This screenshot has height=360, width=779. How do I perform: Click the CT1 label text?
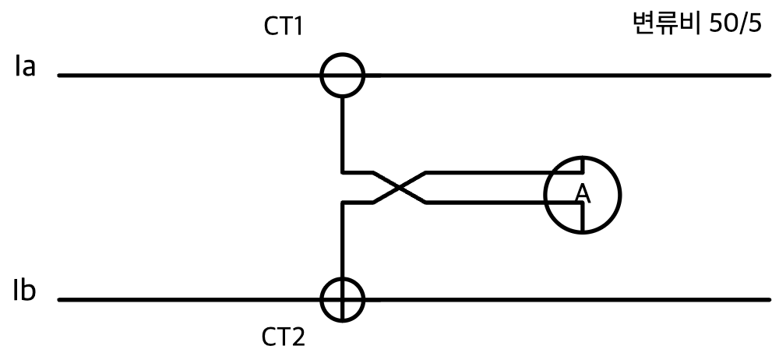284,26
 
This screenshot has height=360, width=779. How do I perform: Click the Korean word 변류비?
666,23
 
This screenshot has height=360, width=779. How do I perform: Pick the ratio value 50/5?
735,24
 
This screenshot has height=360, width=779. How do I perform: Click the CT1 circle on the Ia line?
342,54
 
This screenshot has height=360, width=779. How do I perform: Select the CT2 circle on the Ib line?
342,277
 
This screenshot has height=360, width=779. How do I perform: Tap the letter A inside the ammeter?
583,194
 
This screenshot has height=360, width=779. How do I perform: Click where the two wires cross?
400,188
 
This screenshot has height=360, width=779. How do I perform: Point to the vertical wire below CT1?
342,135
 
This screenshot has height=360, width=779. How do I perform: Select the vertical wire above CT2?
342,240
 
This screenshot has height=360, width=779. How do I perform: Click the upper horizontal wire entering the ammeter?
503,172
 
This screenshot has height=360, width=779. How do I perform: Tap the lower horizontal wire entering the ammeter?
503,203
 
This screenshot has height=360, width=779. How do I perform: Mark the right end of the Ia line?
769,76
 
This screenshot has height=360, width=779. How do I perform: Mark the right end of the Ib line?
769,300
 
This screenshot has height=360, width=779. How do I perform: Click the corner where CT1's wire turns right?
342,172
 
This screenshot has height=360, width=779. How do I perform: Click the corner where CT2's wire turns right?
342,203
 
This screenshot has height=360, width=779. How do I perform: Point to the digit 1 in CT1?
297,26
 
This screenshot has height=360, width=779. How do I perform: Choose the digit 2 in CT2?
298,337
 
